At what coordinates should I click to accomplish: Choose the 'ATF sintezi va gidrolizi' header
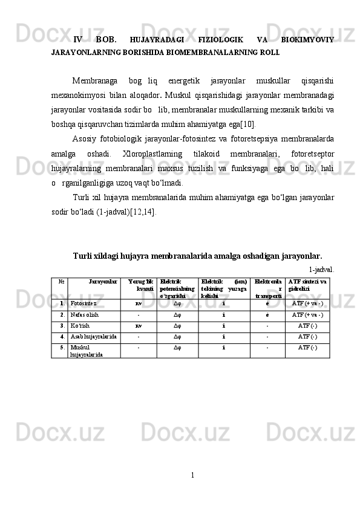coord(307,285)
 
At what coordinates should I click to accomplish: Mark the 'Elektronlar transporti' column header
coord(267,288)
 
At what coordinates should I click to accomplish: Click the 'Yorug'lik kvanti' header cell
coord(140,285)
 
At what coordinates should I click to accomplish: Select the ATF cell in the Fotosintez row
coord(307,303)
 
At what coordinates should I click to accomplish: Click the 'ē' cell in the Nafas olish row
coord(267,315)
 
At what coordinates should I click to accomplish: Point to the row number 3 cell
coord(62,326)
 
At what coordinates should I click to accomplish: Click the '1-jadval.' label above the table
coord(322,269)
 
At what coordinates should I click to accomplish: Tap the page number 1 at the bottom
coord(192,474)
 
